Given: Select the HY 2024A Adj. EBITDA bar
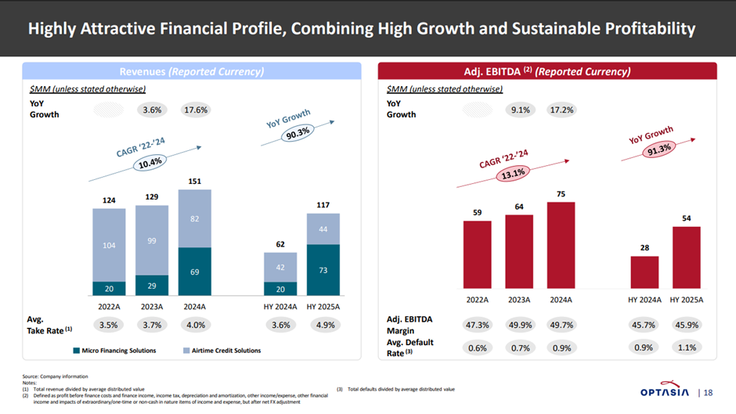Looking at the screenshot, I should pyautogui.click(x=644, y=272).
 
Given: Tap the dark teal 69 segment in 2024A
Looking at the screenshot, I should pyautogui.click(x=195, y=272).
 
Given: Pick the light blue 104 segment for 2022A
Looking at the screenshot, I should pyautogui.click(x=109, y=245).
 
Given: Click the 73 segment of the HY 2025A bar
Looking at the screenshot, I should pyautogui.click(x=323, y=270).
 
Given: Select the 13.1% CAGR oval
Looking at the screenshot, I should pyautogui.click(x=514, y=175).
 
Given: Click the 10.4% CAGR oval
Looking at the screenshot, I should pyautogui.click(x=150, y=163).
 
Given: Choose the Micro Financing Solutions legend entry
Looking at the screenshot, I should pyautogui.click(x=113, y=350).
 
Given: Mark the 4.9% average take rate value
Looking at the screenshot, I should pyautogui.click(x=323, y=324).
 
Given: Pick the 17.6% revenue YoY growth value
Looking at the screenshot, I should pyautogui.click(x=195, y=110).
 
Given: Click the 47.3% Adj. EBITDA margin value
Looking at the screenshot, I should pyautogui.click(x=478, y=324).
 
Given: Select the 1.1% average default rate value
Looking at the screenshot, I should pyautogui.click(x=686, y=347).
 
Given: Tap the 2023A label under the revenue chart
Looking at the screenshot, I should pyautogui.click(x=152, y=307).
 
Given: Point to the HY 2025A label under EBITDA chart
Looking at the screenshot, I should pyautogui.click(x=686, y=300).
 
